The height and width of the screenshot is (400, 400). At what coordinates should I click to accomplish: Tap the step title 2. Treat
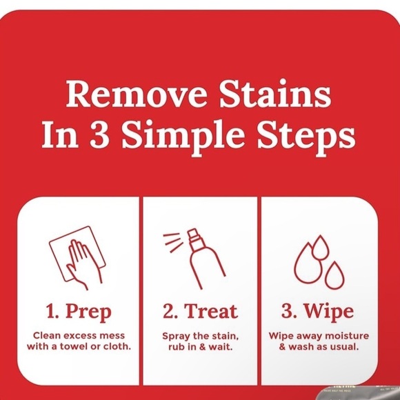(x=201, y=311)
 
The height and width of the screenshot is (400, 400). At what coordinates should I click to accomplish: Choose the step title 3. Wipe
(x=318, y=311)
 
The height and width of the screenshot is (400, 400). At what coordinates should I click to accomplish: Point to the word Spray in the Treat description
(x=177, y=336)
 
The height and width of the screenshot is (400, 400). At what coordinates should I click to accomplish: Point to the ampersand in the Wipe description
(x=282, y=346)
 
